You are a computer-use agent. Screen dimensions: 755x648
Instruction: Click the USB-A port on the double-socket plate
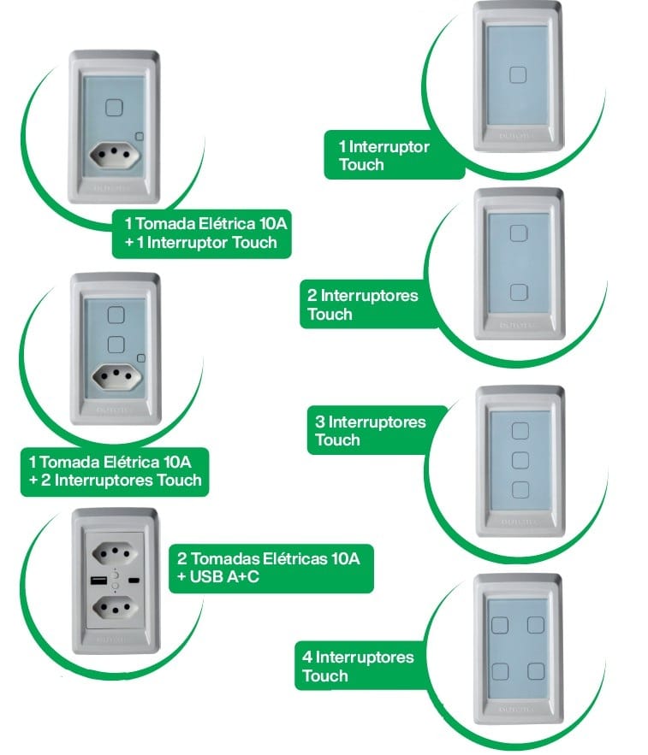tap(95, 581)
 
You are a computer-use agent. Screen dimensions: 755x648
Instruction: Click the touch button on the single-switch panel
tap(518, 74)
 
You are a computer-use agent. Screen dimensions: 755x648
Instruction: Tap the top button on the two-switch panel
tap(518, 234)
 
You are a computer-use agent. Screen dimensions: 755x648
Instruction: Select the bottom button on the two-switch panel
tap(518, 292)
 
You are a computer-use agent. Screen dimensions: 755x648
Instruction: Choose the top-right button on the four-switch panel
tap(537, 624)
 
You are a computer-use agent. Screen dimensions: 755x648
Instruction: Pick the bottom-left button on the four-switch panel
tap(500, 669)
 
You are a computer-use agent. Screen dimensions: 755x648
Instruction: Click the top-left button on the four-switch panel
tap(500, 624)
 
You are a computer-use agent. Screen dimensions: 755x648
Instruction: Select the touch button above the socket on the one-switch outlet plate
tap(114, 107)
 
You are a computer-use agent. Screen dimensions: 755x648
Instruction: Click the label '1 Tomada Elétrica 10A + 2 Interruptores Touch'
tap(114, 471)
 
